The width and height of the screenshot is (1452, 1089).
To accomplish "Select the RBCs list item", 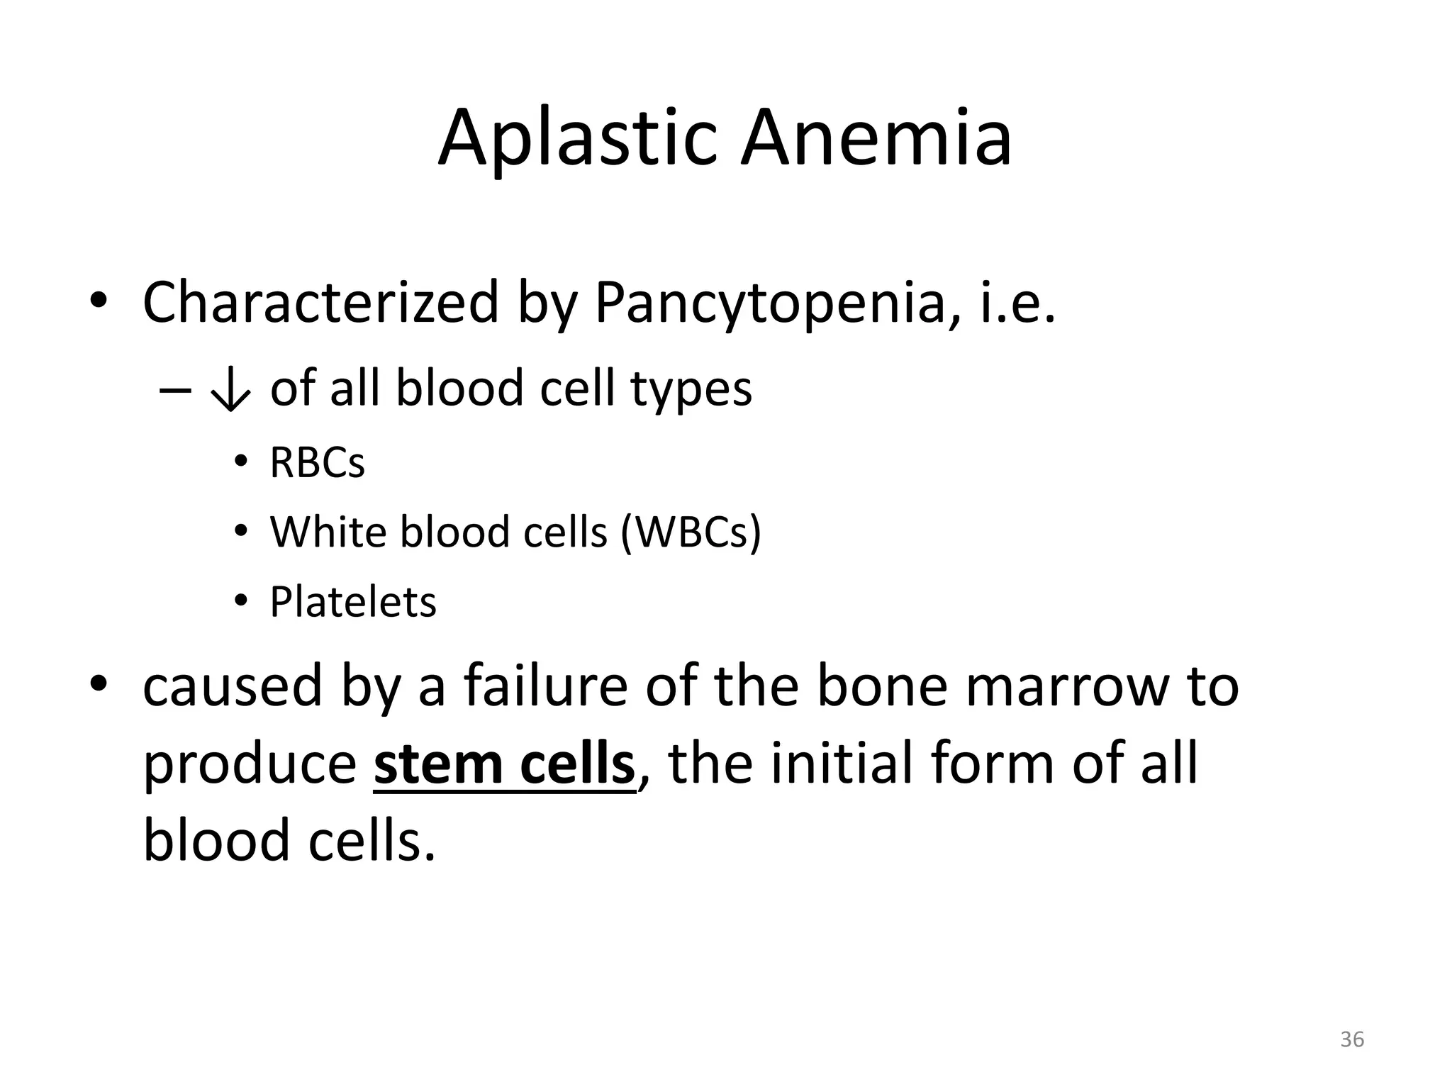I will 317,463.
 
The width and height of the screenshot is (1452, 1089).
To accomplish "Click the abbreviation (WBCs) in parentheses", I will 691,532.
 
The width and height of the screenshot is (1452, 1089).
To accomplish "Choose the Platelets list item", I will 352,602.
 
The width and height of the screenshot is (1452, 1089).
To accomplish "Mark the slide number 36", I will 1352,1039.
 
